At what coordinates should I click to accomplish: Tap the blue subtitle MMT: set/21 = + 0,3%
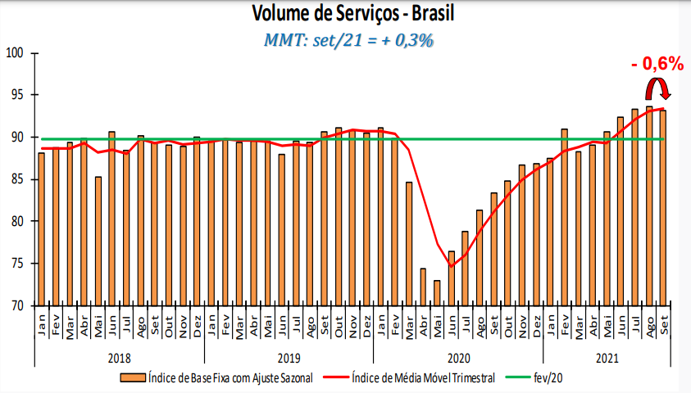(348, 39)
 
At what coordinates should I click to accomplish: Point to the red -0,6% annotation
(657, 63)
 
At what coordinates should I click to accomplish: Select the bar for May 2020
(437, 292)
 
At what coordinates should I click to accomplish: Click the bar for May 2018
(98, 241)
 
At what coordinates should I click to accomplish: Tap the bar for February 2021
(564, 217)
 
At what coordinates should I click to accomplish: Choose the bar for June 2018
(112, 218)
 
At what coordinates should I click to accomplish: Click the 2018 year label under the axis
(119, 358)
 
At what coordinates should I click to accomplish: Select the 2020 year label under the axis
(458, 358)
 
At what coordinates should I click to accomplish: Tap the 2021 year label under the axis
(607, 358)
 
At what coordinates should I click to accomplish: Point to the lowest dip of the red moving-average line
(451, 266)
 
